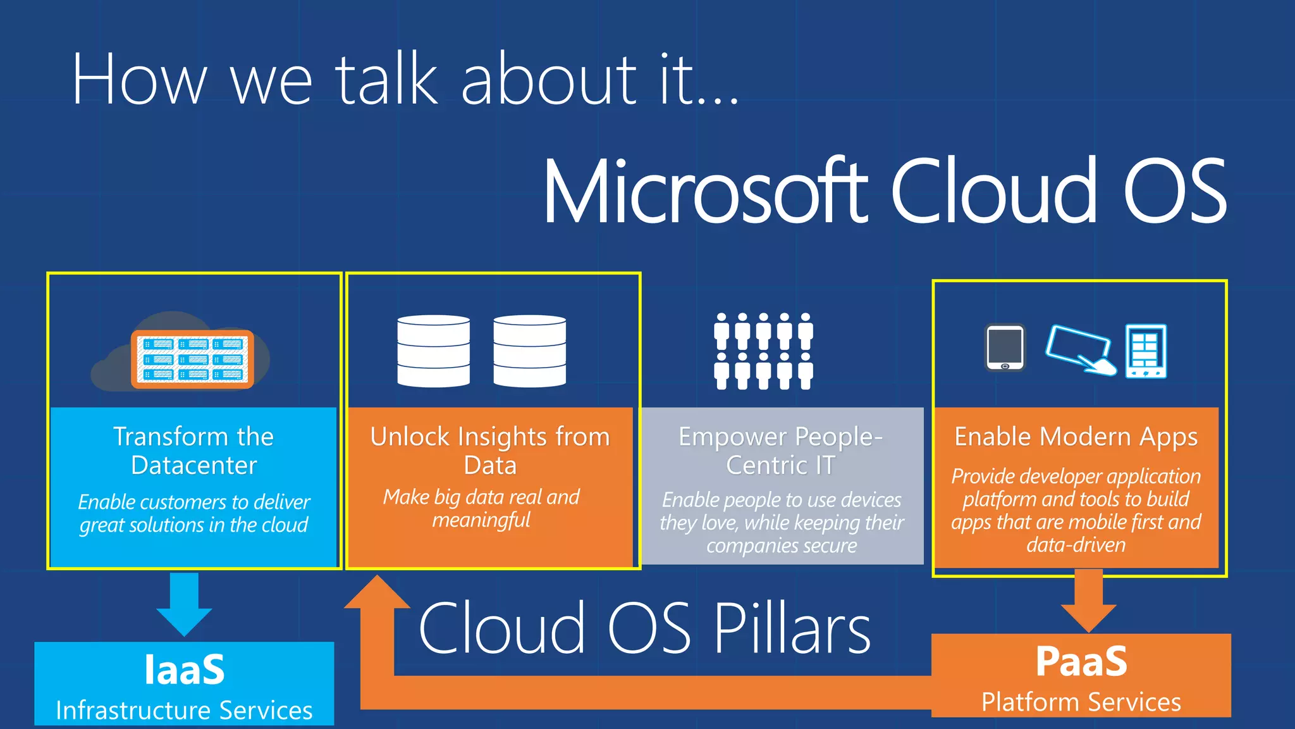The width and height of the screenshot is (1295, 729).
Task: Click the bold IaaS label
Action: (x=184, y=670)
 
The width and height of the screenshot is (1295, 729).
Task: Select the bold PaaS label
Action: (x=1081, y=662)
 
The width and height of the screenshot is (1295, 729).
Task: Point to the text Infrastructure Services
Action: (x=184, y=711)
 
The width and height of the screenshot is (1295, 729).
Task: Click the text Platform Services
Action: (x=1081, y=702)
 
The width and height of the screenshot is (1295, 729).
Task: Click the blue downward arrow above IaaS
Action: (x=184, y=604)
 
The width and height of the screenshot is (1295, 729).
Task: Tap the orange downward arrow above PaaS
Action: (x=1088, y=601)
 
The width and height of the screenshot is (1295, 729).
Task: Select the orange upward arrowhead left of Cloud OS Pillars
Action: (x=377, y=595)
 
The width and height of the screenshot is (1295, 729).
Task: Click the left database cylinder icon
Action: (x=433, y=351)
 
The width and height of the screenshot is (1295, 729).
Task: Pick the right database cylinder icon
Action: (x=529, y=351)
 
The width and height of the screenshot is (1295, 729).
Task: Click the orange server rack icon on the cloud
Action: (x=192, y=359)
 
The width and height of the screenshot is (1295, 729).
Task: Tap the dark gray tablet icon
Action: (x=1005, y=347)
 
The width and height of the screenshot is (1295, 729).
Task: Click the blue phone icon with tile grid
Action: (x=1145, y=351)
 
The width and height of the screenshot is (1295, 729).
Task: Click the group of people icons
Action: (x=763, y=351)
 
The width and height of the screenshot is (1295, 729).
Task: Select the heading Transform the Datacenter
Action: (x=193, y=451)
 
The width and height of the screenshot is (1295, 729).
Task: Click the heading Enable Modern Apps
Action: (x=1076, y=437)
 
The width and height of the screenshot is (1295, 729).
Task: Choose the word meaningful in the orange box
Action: (x=481, y=520)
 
